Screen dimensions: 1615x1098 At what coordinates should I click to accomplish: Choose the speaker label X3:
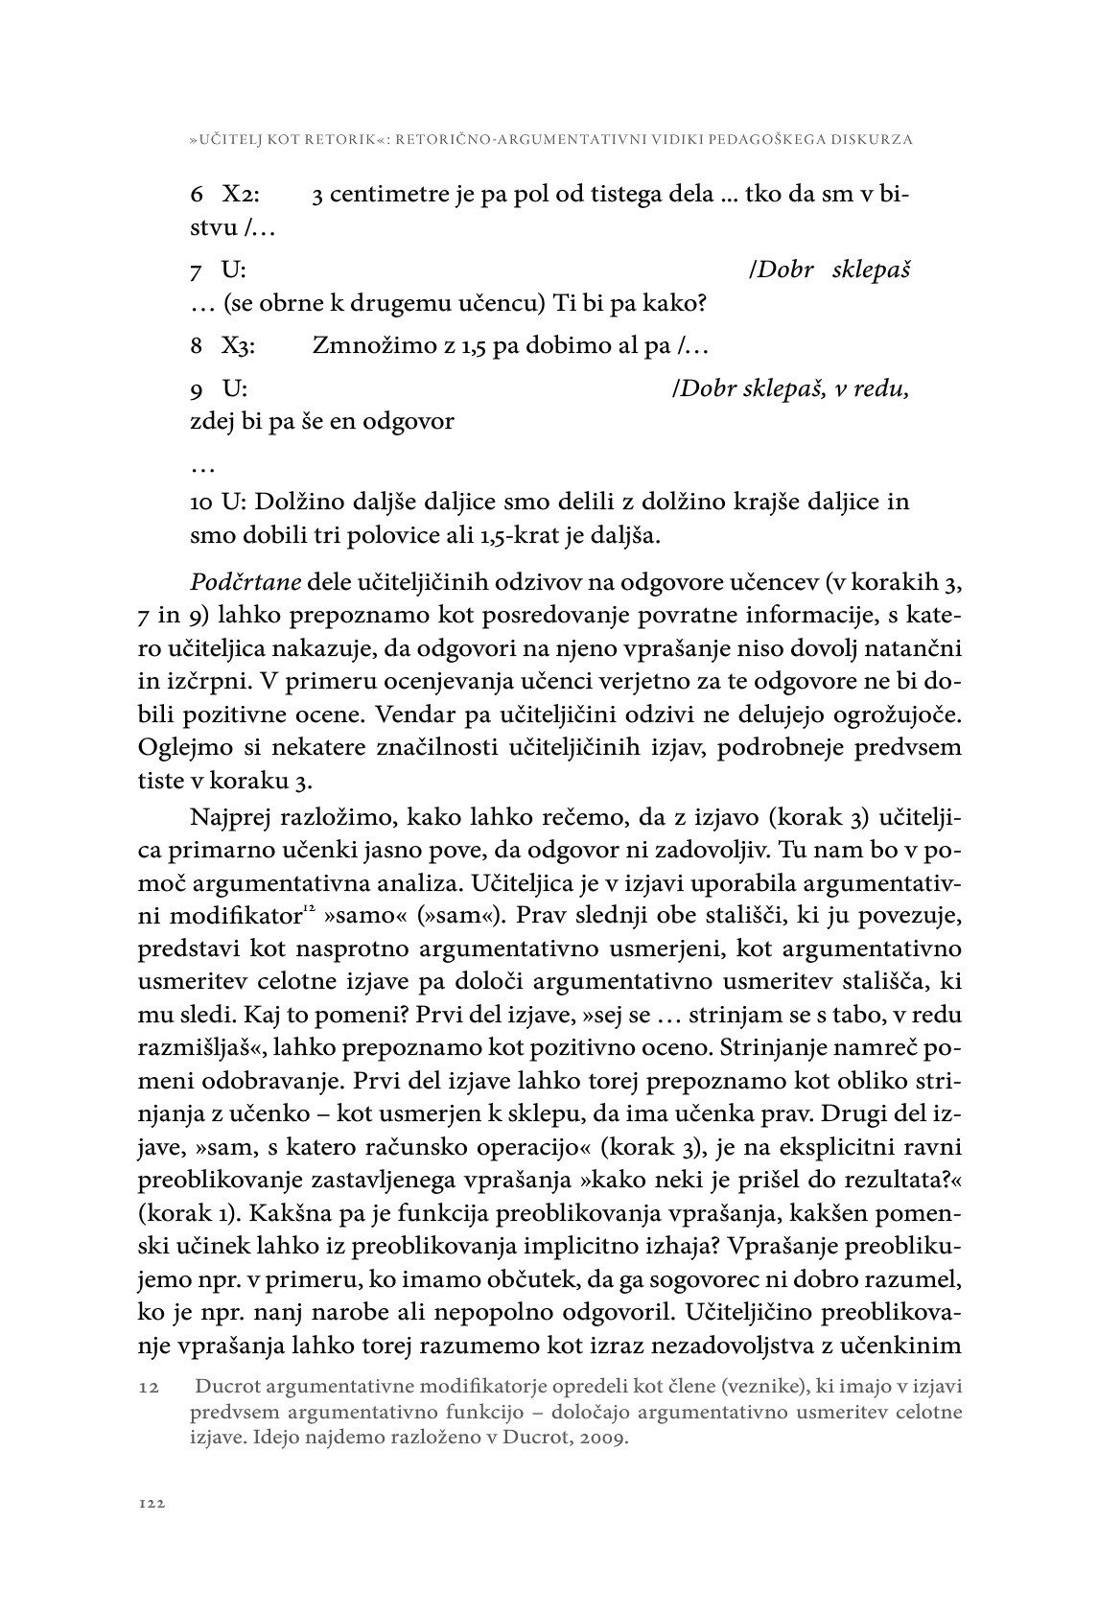pos(239,346)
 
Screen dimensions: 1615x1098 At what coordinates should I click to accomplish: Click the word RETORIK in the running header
pos(336,140)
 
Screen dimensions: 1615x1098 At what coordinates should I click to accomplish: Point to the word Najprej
pos(233,818)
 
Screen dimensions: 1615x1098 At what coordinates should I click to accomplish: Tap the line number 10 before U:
pos(201,503)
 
